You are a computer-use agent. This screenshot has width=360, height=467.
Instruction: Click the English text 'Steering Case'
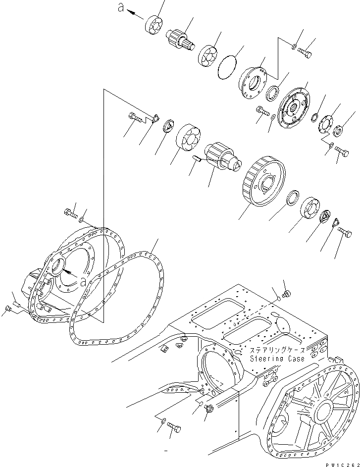pyautogui.click(x=277, y=359)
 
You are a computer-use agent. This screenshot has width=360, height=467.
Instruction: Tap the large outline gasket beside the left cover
pyautogui.click(x=119, y=297)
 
